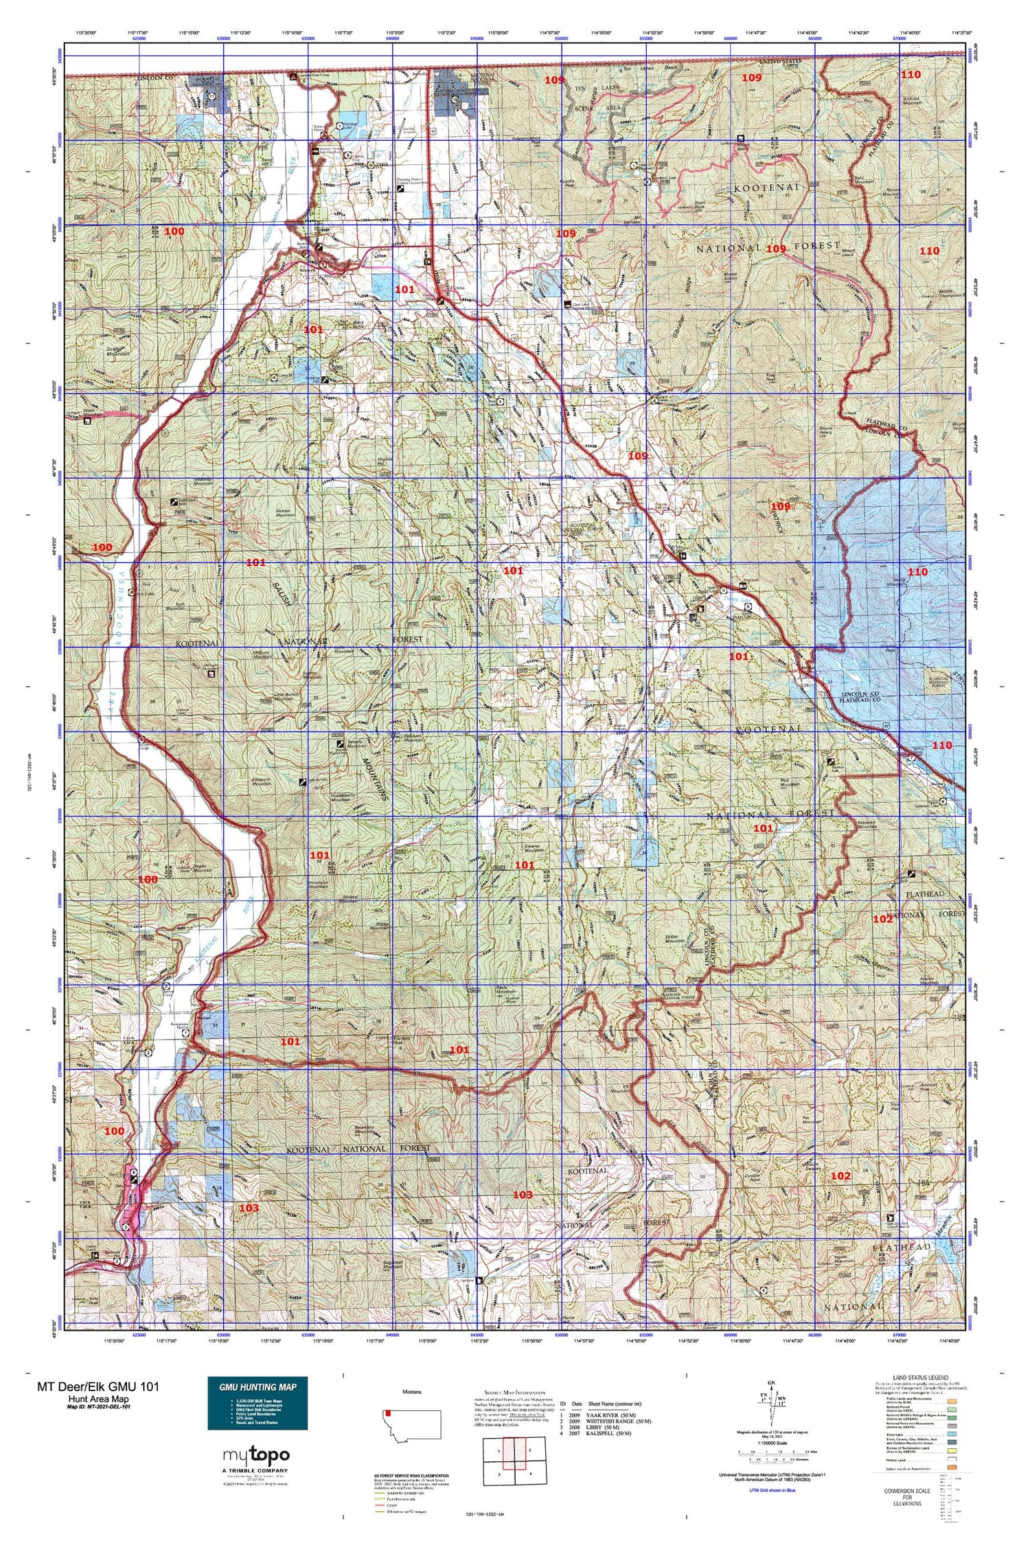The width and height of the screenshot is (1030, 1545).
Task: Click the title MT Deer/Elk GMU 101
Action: pyautogui.click(x=98, y=1386)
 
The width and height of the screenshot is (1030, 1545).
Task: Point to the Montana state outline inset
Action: pyautogui.click(x=413, y=1422)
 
